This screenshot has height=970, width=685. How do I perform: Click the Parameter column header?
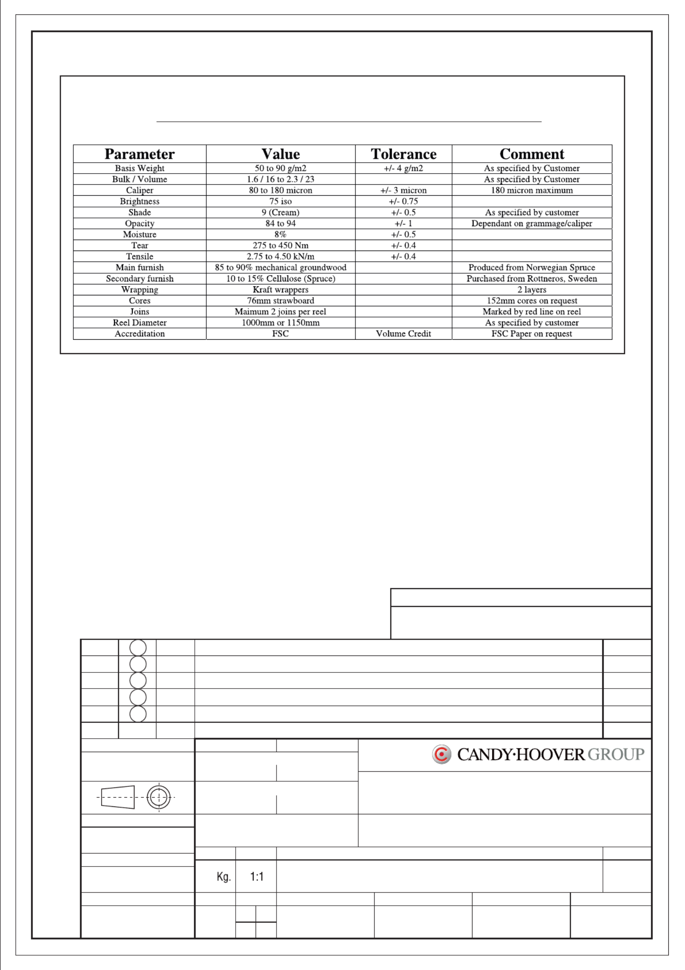(140, 154)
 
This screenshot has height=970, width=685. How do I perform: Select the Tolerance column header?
(403, 154)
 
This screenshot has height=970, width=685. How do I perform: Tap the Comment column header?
(532, 154)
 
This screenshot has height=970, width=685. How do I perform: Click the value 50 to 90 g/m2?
(280, 168)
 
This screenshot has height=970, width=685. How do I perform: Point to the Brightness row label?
(140, 201)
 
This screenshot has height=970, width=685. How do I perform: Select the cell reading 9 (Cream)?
(280, 212)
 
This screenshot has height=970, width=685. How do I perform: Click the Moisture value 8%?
(280, 234)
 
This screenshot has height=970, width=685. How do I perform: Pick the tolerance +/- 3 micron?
(403, 191)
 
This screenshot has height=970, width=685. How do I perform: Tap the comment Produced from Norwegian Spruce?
(532, 268)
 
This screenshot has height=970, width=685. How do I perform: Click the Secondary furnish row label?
(140, 279)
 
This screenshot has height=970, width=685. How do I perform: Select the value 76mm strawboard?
(280, 301)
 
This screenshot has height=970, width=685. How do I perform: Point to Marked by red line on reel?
(532, 312)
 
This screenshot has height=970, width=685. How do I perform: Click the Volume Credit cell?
(403, 334)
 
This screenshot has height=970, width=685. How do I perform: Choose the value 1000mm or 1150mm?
(280, 323)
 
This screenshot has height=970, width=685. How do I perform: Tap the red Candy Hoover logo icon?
(442, 754)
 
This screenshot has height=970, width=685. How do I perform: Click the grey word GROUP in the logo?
(616, 754)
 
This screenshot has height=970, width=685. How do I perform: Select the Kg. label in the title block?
(223, 877)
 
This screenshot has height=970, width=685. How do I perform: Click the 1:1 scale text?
(257, 877)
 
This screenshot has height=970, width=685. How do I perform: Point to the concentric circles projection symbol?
(159, 797)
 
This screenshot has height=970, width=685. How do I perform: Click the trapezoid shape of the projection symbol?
(118, 797)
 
